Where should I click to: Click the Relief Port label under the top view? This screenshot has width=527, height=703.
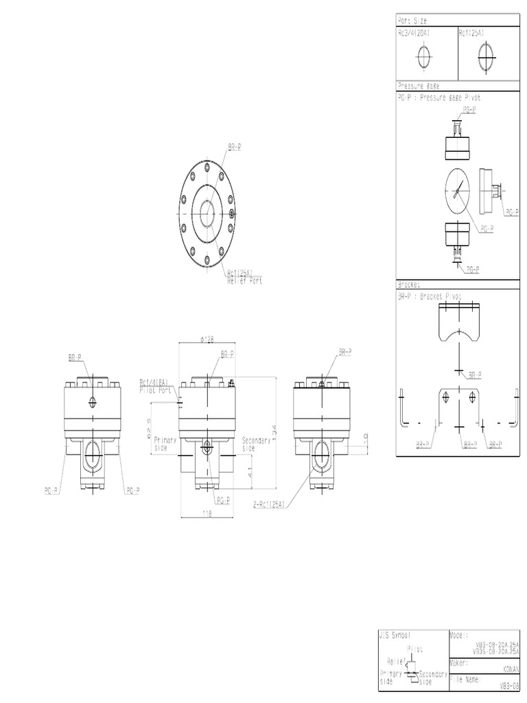point(244,281)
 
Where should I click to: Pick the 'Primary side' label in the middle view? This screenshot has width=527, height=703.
point(165,443)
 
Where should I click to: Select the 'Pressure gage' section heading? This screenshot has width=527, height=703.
point(419,86)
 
